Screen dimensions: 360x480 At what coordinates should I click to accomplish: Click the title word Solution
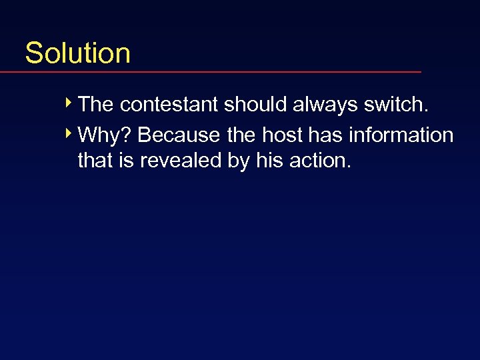click(77, 53)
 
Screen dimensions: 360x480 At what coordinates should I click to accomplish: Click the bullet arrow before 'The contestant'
click(70, 103)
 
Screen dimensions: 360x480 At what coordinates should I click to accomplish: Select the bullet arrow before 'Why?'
click(70, 134)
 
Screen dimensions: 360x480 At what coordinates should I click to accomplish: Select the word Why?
click(105, 135)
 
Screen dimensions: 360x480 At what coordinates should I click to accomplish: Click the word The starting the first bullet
click(96, 105)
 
